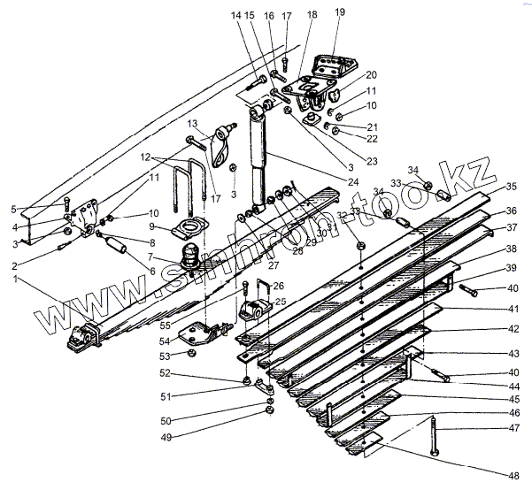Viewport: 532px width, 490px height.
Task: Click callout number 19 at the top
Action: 340,12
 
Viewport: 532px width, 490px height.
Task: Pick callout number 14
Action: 235,15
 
